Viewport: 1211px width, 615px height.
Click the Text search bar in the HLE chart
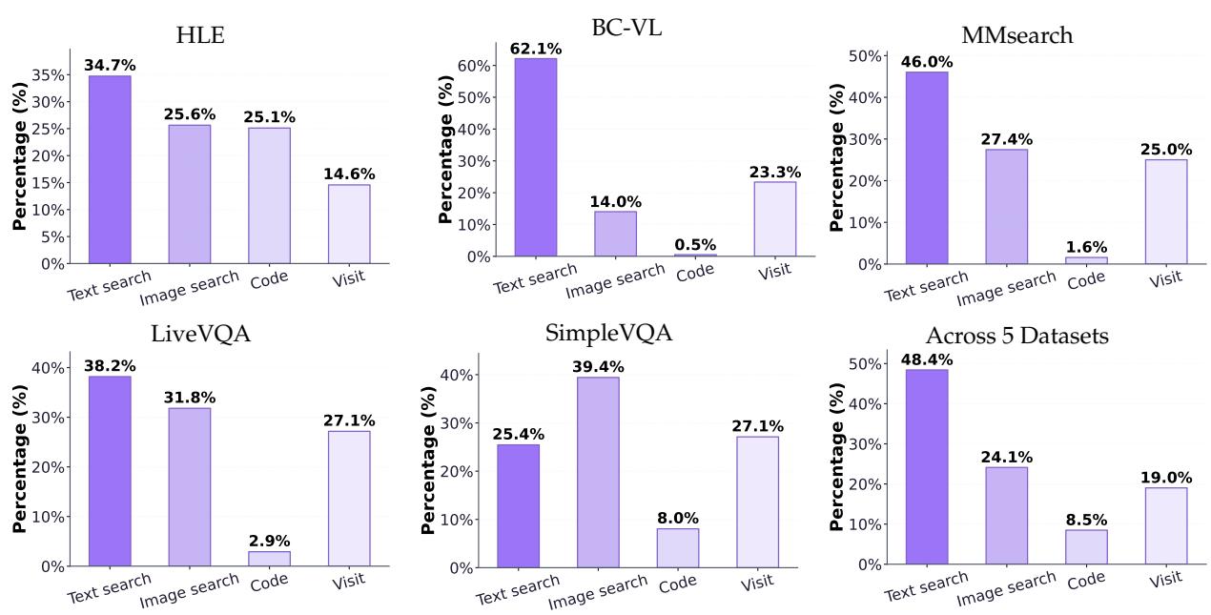(110, 169)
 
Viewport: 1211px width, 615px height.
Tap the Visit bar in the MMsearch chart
(1166, 211)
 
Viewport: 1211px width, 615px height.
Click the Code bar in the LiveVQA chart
(269, 558)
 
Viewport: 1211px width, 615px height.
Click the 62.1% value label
(535, 48)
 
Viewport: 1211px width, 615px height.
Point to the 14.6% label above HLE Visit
(349, 174)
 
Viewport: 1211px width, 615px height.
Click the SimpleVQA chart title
(608, 335)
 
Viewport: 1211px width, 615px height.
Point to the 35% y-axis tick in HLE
(50, 75)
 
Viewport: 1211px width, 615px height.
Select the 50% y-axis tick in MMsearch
(869, 55)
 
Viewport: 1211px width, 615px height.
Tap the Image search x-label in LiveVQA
(189, 591)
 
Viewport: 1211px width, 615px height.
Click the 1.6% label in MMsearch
(1086, 247)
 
